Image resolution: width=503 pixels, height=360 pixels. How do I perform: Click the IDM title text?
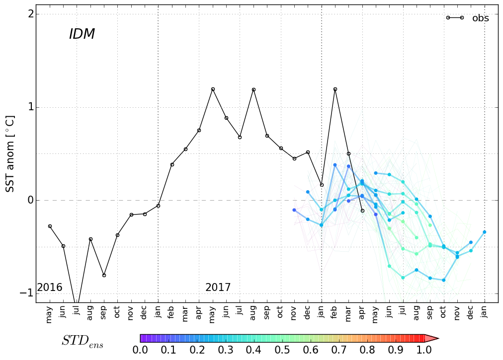click(82, 34)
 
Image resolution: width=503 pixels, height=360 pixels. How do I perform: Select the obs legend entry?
click(480, 18)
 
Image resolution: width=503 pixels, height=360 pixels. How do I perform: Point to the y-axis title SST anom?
click(10, 154)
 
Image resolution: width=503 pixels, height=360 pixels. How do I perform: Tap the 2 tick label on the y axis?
click(31, 14)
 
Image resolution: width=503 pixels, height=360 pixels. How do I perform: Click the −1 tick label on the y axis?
click(27, 293)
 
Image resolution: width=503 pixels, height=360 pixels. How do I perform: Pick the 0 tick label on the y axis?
click(31, 200)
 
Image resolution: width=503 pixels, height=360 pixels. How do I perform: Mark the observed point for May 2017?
click(213, 89)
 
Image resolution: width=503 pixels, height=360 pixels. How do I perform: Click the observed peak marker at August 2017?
click(253, 90)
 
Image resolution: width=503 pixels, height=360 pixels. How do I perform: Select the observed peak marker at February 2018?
click(335, 89)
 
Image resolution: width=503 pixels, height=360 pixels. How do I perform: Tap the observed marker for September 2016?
click(104, 275)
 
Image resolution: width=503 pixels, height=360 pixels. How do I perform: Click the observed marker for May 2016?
click(50, 226)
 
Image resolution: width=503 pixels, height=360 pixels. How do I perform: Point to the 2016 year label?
click(50, 288)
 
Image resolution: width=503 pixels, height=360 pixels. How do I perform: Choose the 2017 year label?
click(218, 288)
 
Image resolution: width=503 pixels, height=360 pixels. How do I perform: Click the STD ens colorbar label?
click(83, 341)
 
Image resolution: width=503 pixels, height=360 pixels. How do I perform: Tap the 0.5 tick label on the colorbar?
click(282, 350)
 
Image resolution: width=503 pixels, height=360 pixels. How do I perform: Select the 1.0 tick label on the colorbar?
click(423, 350)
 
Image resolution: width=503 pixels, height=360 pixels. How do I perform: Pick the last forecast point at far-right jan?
click(485, 232)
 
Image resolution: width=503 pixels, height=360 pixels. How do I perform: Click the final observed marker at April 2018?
click(362, 211)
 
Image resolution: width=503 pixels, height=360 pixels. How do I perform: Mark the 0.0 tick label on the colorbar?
click(140, 350)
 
